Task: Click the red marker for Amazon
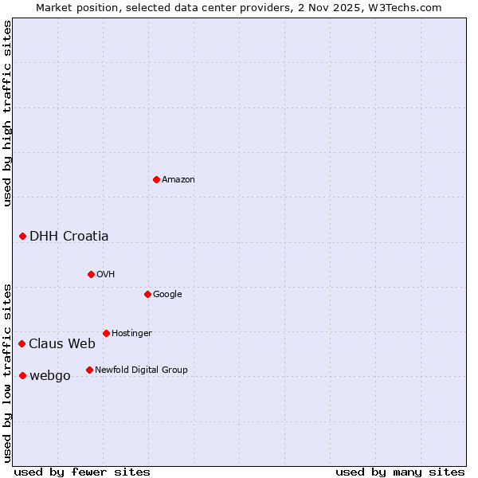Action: [156, 179]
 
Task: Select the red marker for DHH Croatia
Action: [22, 236]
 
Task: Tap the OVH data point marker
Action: [91, 274]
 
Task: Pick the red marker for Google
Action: [147, 294]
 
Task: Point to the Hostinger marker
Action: [106, 333]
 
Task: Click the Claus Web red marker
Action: [22, 343]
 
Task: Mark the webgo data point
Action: [22, 375]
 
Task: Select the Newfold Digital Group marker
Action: [89, 370]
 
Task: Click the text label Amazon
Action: [178, 180]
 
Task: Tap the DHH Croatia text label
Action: [69, 236]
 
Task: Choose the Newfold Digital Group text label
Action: [141, 370]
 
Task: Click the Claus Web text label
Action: [62, 343]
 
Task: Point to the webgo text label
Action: [50, 375]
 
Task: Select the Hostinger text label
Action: [131, 333]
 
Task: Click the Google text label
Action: [167, 294]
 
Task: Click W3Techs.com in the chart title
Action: [413, 7]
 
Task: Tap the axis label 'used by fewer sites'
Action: [82, 472]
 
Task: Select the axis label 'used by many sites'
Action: [400, 472]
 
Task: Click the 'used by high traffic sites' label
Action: [7, 113]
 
